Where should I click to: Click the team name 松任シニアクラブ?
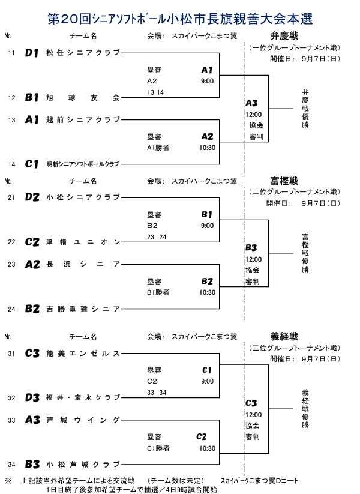point(83,53)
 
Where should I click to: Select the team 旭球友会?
point(83,97)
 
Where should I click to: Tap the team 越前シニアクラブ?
point(83,119)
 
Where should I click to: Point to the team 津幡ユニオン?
point(83,242)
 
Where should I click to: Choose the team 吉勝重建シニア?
point(83,309)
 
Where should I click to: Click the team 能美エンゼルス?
point(83,354)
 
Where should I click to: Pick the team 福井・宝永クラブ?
point(83,397)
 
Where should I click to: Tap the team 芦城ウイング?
point(83,420)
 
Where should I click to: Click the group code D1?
point(32,53)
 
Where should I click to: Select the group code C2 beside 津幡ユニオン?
point(32,242)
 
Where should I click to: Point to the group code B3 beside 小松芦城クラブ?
point(32,464)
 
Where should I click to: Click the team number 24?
point(11,310)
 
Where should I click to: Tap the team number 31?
point(11,354)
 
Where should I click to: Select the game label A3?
point(251,103)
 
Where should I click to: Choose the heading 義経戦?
point(284,336)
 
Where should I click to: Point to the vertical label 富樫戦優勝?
point(305,253)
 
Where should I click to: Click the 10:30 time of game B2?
point(207,292)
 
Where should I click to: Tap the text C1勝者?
point(158,448)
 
